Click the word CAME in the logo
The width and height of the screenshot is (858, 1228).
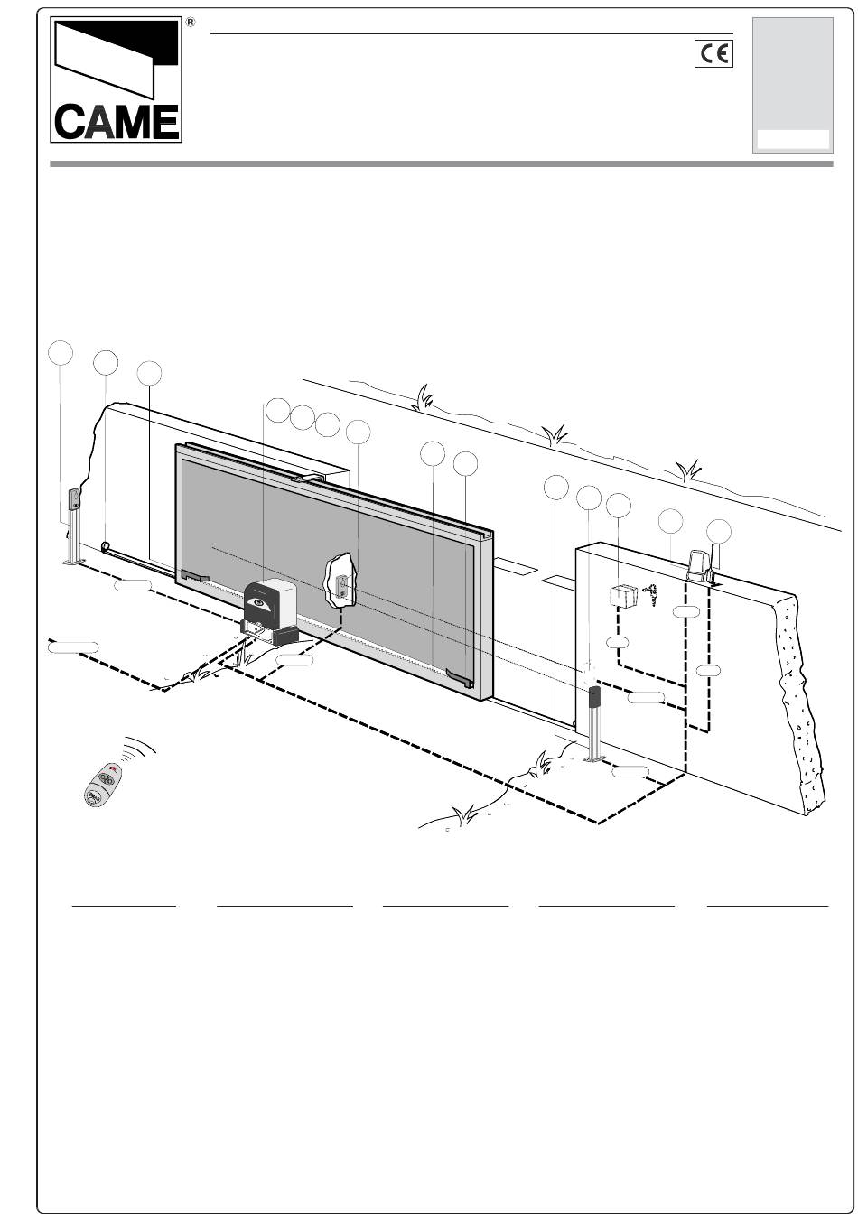point(117,122)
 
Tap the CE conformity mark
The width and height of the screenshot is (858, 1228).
point(713,54)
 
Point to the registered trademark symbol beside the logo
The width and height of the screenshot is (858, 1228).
point(191,22)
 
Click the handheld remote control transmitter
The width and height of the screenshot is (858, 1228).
point(103,785)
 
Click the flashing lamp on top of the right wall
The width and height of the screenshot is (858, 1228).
point(700,567)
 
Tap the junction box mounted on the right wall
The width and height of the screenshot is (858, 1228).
point(623,596)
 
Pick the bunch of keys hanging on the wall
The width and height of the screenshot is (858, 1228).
point(651,594)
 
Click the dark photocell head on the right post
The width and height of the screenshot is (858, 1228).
point(594,697)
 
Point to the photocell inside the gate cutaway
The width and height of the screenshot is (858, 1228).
point(341,585)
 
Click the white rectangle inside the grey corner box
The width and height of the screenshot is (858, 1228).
point(793,139)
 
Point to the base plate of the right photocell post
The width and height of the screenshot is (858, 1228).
point(593,758)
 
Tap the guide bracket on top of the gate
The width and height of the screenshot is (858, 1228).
point(308,479)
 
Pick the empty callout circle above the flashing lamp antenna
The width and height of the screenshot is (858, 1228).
point(719,531)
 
